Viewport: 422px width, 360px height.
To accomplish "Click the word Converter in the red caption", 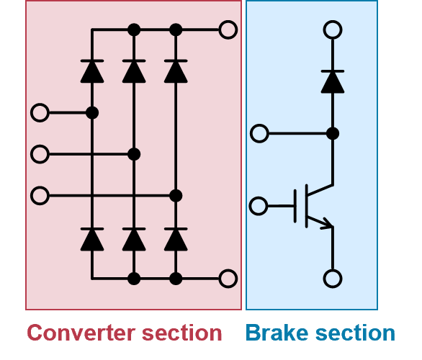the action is (x=81, y=333).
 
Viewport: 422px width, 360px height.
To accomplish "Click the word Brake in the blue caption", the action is (x=277, y=333).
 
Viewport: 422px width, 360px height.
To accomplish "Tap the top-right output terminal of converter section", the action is (x=228, y=30).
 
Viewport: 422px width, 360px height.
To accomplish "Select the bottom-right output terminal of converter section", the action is (x=228, y=279).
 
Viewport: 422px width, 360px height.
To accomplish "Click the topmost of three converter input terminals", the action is (x=40, y=113).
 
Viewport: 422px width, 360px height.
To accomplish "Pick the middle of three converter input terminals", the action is (x=40, y=154).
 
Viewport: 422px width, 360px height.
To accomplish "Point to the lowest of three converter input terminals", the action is (x=40, y=196).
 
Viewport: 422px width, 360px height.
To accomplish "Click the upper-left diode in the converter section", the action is (x=92, y=71).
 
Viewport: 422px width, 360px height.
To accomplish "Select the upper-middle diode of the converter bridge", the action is (x=134, y=71).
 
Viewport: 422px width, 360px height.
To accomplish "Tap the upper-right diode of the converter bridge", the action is (x=176, y=71).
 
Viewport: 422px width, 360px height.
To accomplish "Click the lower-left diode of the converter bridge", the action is (x=92, y=240).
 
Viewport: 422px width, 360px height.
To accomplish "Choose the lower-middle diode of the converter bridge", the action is (x=134, y=240).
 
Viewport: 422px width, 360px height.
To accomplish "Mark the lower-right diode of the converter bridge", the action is (x=176, y=240).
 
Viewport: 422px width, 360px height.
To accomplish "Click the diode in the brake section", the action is (x=333, y=82).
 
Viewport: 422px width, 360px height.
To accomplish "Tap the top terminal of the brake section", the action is (x=333, y=30).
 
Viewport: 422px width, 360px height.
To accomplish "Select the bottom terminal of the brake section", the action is (x=333, y=279).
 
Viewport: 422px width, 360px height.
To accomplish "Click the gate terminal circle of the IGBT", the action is (x=259, y=206).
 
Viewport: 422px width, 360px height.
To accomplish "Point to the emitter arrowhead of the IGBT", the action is (x=328, y=223).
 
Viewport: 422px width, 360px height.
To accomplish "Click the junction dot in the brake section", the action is (x=333, y=133).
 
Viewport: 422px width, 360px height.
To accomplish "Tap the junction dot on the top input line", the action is (x=92, y=113).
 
